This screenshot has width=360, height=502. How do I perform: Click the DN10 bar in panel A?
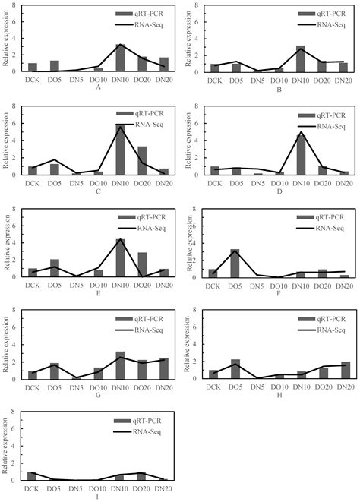pos(120,58)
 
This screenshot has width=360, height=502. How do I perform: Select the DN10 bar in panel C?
pos(120,150)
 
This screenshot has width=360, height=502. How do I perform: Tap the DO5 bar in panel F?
pos(235,264)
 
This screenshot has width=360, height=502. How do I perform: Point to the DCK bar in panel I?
pos(32,476)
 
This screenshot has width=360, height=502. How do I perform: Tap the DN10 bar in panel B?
pos(301,58)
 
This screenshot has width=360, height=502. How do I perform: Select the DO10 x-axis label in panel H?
pos(279,387)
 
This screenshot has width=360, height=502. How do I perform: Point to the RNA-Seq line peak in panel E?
pos(120,240)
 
